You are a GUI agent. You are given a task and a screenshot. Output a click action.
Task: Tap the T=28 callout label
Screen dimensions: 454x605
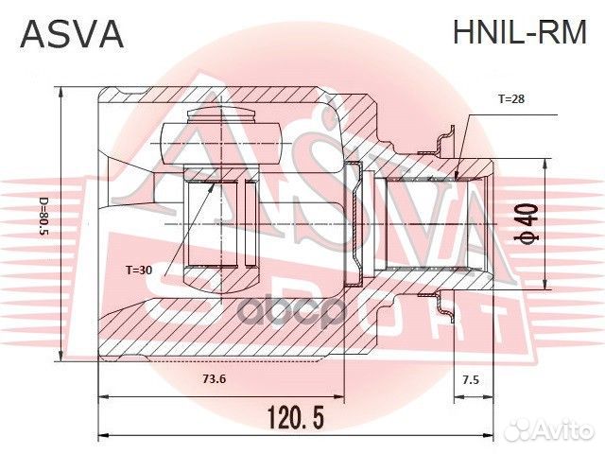click(511, 98)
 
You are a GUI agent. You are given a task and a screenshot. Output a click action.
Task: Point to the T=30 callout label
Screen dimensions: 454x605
click(139, 270)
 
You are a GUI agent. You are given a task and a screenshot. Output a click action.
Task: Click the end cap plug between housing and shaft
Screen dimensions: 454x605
click(354, 223)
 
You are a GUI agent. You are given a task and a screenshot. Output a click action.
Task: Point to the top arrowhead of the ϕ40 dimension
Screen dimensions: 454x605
click(546, 164)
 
